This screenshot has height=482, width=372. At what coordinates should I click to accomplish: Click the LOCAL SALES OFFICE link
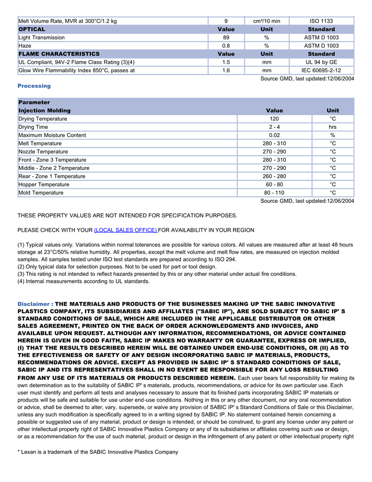click(125, 230)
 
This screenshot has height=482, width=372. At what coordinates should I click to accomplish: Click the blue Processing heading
click(34, 86)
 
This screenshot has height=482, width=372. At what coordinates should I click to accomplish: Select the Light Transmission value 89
click(226, 38)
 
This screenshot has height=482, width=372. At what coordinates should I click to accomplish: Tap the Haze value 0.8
click(226, 46)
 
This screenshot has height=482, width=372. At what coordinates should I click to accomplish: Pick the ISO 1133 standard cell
click(321, 21)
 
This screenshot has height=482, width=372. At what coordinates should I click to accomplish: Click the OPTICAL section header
click(32, 29)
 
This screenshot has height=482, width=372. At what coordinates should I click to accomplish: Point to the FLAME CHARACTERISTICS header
click(59, 54)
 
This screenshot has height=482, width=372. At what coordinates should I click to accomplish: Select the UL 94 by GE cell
click(321, 62)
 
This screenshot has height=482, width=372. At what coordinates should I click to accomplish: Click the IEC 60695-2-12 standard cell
click(321, 70)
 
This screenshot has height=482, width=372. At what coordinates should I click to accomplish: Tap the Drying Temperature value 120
click(274, 119)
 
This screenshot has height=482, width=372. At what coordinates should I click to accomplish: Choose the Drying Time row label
click(33, 127)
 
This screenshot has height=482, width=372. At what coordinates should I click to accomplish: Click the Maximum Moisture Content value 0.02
click(274, 135)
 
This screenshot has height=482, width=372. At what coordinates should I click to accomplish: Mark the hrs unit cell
click(333, 127)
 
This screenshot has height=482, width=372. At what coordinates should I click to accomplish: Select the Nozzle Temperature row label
click(43, 152)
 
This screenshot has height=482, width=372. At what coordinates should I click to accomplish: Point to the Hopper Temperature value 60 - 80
click(274, 184)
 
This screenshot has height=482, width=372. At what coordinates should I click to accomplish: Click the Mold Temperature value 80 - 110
click(274, 193)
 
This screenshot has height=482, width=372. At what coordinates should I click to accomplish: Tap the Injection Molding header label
click(44, 110)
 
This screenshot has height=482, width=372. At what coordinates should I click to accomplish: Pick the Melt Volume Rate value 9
click(226, 21)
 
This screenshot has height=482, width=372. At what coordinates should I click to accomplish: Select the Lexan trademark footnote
click(98, 452)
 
